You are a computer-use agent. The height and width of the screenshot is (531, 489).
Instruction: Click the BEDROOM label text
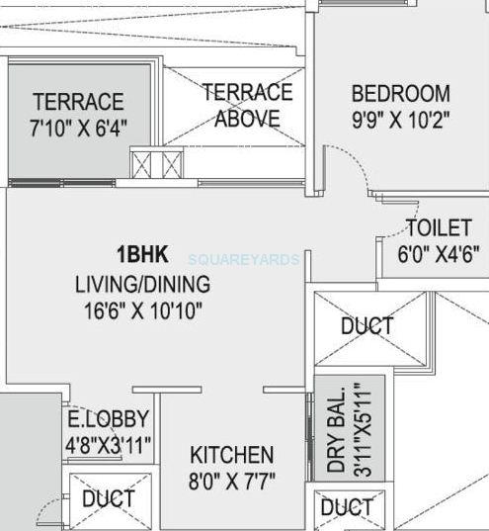400,94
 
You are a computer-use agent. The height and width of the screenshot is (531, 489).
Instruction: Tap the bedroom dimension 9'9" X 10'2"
400,120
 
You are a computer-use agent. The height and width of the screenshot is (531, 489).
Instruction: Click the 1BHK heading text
142,253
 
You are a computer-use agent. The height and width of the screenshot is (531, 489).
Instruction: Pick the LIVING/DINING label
143,285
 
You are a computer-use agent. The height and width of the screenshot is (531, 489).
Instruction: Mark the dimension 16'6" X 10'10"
143,310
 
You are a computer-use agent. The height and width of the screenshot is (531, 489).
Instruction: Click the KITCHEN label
232,455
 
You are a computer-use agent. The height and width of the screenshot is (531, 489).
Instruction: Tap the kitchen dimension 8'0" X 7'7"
232,481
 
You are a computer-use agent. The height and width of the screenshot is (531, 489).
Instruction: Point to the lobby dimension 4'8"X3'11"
107,444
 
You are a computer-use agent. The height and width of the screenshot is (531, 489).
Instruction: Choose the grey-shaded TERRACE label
78,102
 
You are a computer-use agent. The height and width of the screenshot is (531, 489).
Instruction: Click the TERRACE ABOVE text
247,105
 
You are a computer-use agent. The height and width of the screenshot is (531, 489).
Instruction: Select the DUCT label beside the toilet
367,325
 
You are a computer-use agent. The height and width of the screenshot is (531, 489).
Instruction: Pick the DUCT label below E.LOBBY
109,498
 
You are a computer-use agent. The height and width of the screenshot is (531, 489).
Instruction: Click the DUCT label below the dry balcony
348,508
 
